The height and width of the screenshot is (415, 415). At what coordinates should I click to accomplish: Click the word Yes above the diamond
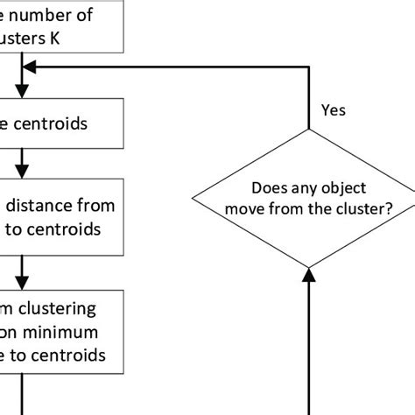[x=334, y=110]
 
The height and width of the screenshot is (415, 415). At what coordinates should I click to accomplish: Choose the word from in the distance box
[x=96, y=206]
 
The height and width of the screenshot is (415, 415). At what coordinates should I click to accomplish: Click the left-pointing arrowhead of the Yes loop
[x=27, y=67]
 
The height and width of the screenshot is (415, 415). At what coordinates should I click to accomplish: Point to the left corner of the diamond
[x=193, y=199]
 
